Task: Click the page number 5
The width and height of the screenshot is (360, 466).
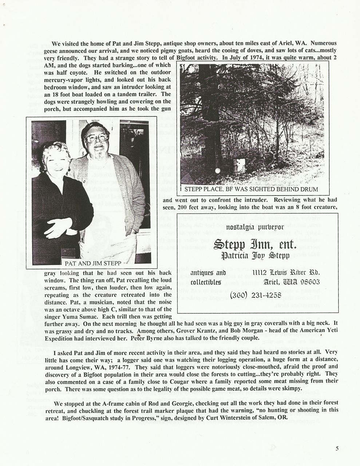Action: [337, 449]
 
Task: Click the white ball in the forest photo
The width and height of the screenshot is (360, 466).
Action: [217, 170]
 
